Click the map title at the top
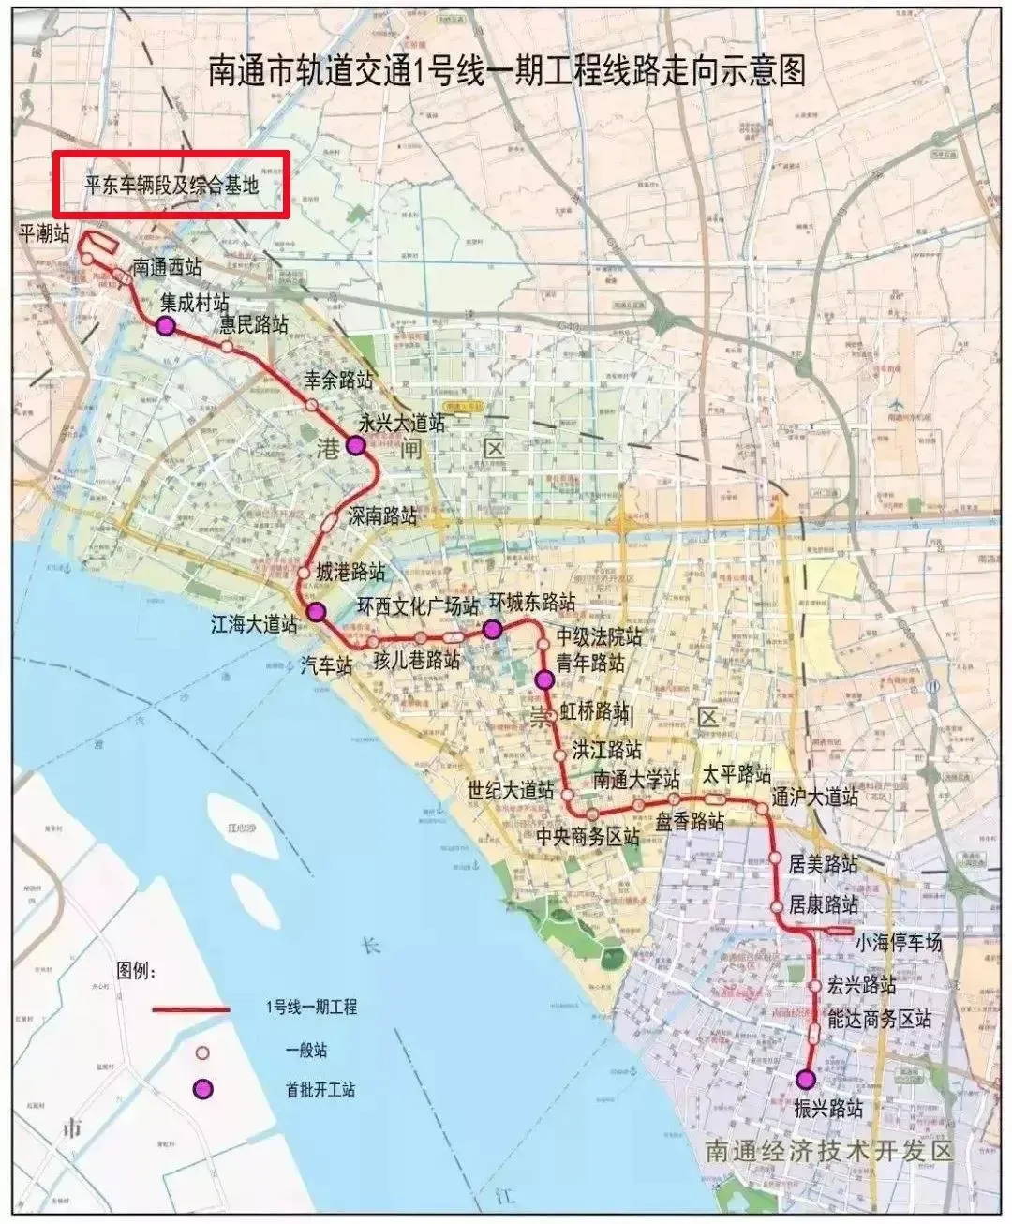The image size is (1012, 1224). click(x=506, y=71)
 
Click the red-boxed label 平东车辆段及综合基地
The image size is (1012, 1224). click(x=171, y=185)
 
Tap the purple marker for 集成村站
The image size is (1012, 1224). click(x=165, y=326)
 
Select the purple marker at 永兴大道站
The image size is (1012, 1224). click(x=355, y=445)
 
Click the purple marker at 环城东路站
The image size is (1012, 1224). click(x=492, y=629)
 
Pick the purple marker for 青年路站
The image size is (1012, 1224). click(x=543, y=679)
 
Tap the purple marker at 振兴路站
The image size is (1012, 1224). click(x=805, y=1079)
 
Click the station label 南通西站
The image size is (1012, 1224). click(x=166, y=267)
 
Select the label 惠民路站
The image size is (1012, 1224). click(x=253, y=325)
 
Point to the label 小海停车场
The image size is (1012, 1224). click(x=898, y=943)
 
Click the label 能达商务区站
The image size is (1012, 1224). click(x=880, y=1020)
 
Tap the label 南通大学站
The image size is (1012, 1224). click(x=636, y=780)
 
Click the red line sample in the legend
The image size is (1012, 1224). click(x=192, y=1009)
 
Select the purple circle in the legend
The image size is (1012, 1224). click(x=202, y=1089)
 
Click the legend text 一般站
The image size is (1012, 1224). click(x=306, y=1051)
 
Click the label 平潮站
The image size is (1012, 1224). click(x=44, y=234)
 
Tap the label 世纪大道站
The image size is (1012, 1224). click(x=511, y=790)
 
